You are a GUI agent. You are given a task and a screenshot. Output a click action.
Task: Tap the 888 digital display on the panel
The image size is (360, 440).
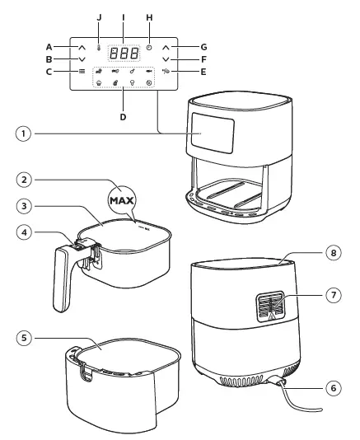[x=124, y=50]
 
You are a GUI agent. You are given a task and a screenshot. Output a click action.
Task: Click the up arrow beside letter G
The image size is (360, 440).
[x=166, y=47]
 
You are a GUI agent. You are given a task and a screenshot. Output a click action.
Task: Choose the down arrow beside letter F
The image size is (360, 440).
[x=166, y=59]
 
